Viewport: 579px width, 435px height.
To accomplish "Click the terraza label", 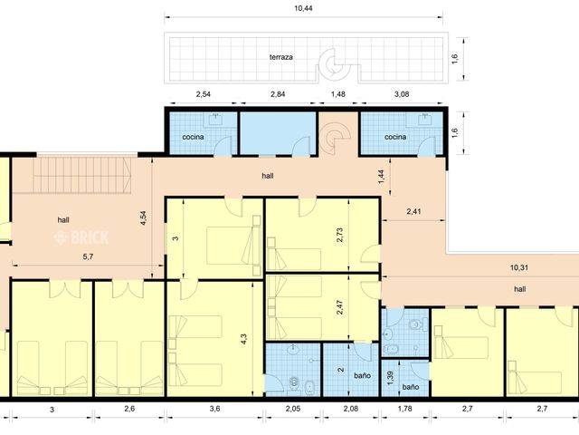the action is (281, 57).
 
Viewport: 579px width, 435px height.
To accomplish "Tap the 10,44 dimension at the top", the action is (303, 8).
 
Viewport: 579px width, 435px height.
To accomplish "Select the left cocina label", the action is (193, 137).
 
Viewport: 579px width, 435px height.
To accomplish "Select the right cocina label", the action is (395, 137).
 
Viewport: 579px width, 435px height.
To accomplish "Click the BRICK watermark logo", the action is (81, 237).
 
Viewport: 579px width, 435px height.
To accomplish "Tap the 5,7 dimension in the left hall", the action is (88, 256).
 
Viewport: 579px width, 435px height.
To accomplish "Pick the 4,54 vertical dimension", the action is (144, 218).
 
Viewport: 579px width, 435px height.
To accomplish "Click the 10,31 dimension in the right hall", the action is (518, 267).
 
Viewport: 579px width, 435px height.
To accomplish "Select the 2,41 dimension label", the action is (413, 211).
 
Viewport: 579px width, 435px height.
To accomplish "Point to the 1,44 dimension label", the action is (382, 177).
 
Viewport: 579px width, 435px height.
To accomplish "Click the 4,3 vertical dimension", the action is (243, 339).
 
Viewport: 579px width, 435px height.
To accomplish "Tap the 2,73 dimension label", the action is (340, 235).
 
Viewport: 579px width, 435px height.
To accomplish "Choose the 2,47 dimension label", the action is (340, 307).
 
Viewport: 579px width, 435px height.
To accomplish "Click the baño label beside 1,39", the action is (410, 387).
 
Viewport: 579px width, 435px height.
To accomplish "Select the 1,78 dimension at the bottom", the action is (404, 409).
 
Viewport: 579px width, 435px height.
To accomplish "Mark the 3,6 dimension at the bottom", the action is (214, 409).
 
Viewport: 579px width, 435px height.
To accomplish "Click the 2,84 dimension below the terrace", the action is (278, 94).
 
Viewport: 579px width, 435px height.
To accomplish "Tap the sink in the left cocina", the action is (215, 119).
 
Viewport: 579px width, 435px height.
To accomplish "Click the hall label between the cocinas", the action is (268, 176).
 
